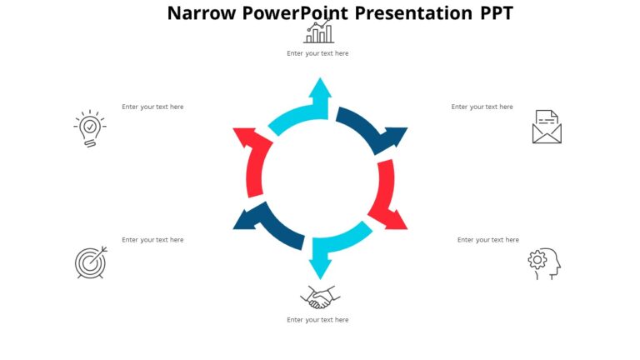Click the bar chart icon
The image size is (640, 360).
click(x=318, y=32)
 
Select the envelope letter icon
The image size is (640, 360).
click(x=547, y=127)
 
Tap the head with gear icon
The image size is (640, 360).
click(x=544, y=262)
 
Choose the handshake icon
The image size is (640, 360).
click(x=320, y=297)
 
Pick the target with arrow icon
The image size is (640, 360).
click(x=91, y=262)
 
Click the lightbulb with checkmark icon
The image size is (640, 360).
click(x=89, y=129)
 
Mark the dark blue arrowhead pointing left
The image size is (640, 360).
click(x=247, y=219)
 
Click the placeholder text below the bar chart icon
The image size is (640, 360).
click(x=317, y=53)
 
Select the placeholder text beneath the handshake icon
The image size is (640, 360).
click(x=317, y=320)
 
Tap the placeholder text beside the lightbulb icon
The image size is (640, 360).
click(x=152, y=107)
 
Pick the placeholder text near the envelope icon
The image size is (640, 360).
click(x=482, y=107)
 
